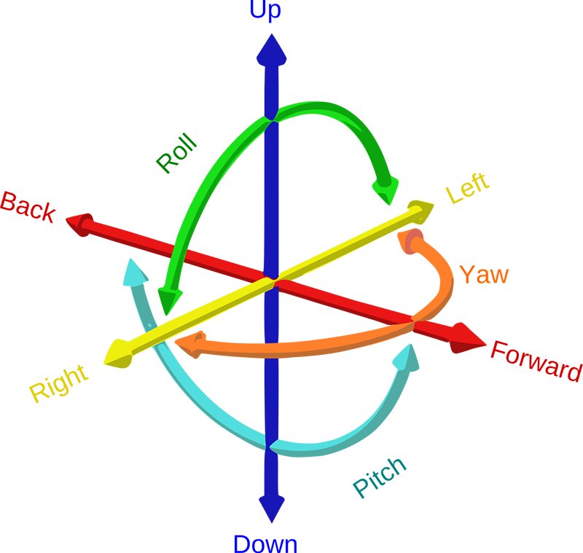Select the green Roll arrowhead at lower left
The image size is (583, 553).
[x=163, y=302]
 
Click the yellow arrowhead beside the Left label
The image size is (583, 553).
[x=418, y=211]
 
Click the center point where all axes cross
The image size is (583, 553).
[x=271, y=279]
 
